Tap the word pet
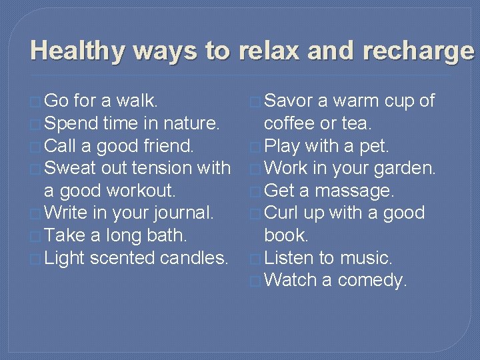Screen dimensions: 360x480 [375, 146]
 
